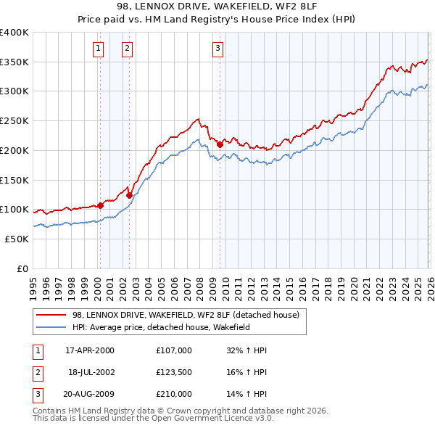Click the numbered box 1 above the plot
coord(98,49)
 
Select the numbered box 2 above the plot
coord(127,49)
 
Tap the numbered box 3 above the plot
coord(217,49)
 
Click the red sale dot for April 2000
coord(100,205)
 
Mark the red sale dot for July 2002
coord(129,195)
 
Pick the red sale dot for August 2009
coord(220,144)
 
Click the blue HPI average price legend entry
coord(170,328)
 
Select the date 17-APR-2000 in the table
coord(90,350)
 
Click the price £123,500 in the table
coord(173,372)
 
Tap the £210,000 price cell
coord(173,394)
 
